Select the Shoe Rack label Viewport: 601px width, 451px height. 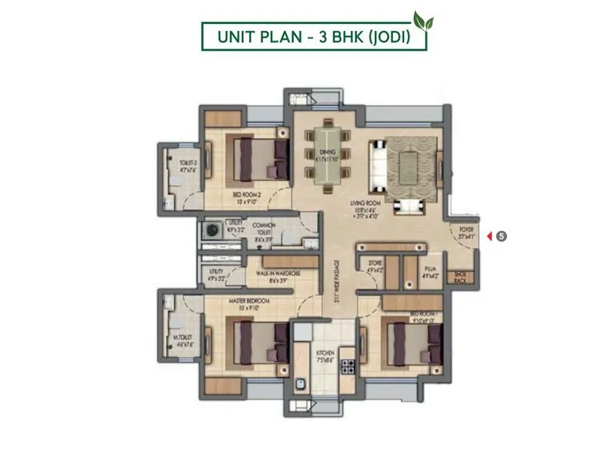(x=461, y=277)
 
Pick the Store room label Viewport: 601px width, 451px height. (x=374, y=262)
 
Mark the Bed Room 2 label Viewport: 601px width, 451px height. (x=247, y=198)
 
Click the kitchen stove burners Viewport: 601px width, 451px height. (x=348, y=368)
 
